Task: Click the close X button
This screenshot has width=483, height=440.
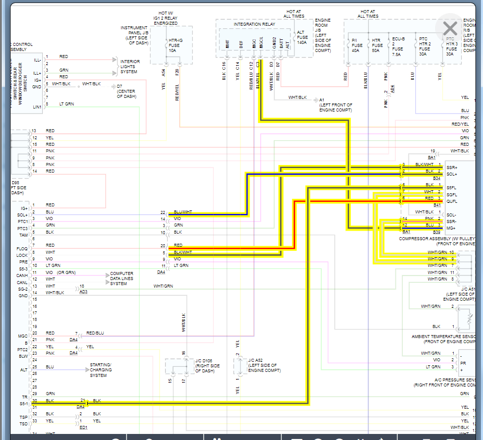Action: click(x=450, y=29)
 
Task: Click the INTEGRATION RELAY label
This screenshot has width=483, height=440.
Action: click(x=254, y=24)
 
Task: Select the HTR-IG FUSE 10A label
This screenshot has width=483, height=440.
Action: click(x=174, y=46)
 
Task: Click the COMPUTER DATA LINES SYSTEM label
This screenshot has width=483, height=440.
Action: click(x=122, y=279)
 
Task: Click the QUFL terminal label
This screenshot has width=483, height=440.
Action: click(x=451, y=201)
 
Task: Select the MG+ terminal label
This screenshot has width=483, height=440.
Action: click(x=451, y=228)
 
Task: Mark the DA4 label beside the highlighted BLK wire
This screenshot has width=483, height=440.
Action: click(x=81, y=407)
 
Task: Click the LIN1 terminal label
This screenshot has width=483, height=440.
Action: click(x=37, y=107)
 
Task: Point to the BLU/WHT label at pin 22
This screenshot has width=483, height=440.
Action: click(x=182, y=212)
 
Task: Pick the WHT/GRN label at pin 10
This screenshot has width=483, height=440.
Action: click(x=437, y=252)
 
